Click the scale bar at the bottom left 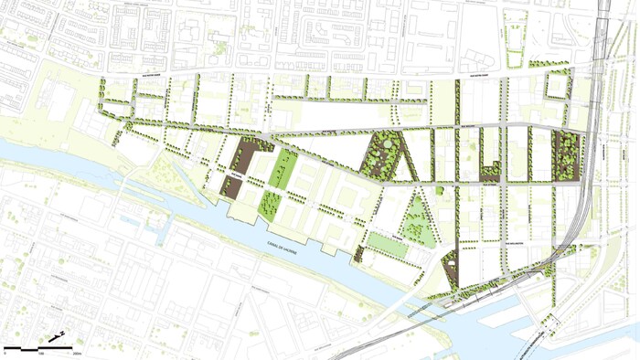click(42, 348)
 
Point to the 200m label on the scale click(77, 353)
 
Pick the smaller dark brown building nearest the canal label click(232, 187)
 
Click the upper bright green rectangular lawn click(284, 170)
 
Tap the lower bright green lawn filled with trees click(272, 203)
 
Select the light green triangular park click(419, 219)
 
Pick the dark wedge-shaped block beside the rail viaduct click(453, 266)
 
